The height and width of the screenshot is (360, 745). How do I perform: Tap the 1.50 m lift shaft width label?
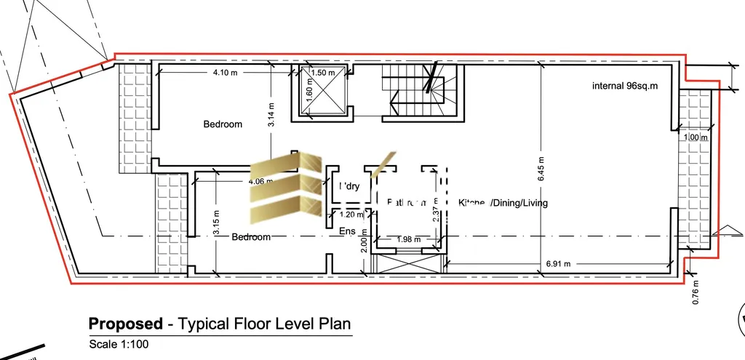322,73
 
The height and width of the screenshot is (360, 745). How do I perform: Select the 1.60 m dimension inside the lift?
308,93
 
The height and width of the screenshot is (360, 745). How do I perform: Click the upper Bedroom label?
222,124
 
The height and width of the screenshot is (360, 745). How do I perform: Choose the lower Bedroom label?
251,237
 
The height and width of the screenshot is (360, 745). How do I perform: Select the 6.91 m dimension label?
559,264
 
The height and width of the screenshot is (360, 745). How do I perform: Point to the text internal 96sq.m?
624,87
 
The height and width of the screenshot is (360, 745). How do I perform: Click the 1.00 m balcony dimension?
695,136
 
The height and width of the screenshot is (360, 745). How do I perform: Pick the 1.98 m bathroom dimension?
409,240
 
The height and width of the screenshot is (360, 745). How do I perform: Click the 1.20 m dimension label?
352,215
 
